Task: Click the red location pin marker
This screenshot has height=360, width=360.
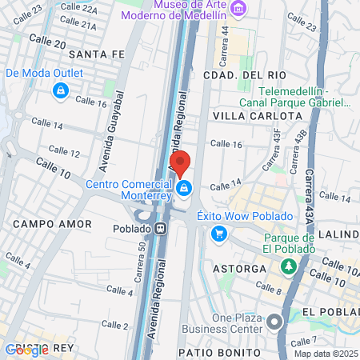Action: tap(181, 162)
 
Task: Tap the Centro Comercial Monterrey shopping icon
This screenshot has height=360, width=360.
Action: tap(185, 188)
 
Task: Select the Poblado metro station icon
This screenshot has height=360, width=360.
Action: tap(162, 227)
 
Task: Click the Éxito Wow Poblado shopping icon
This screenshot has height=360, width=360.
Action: tap(218, 234)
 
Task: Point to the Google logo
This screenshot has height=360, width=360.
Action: tap(26, 350)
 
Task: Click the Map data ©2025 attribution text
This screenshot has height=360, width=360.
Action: tap(325, 354)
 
